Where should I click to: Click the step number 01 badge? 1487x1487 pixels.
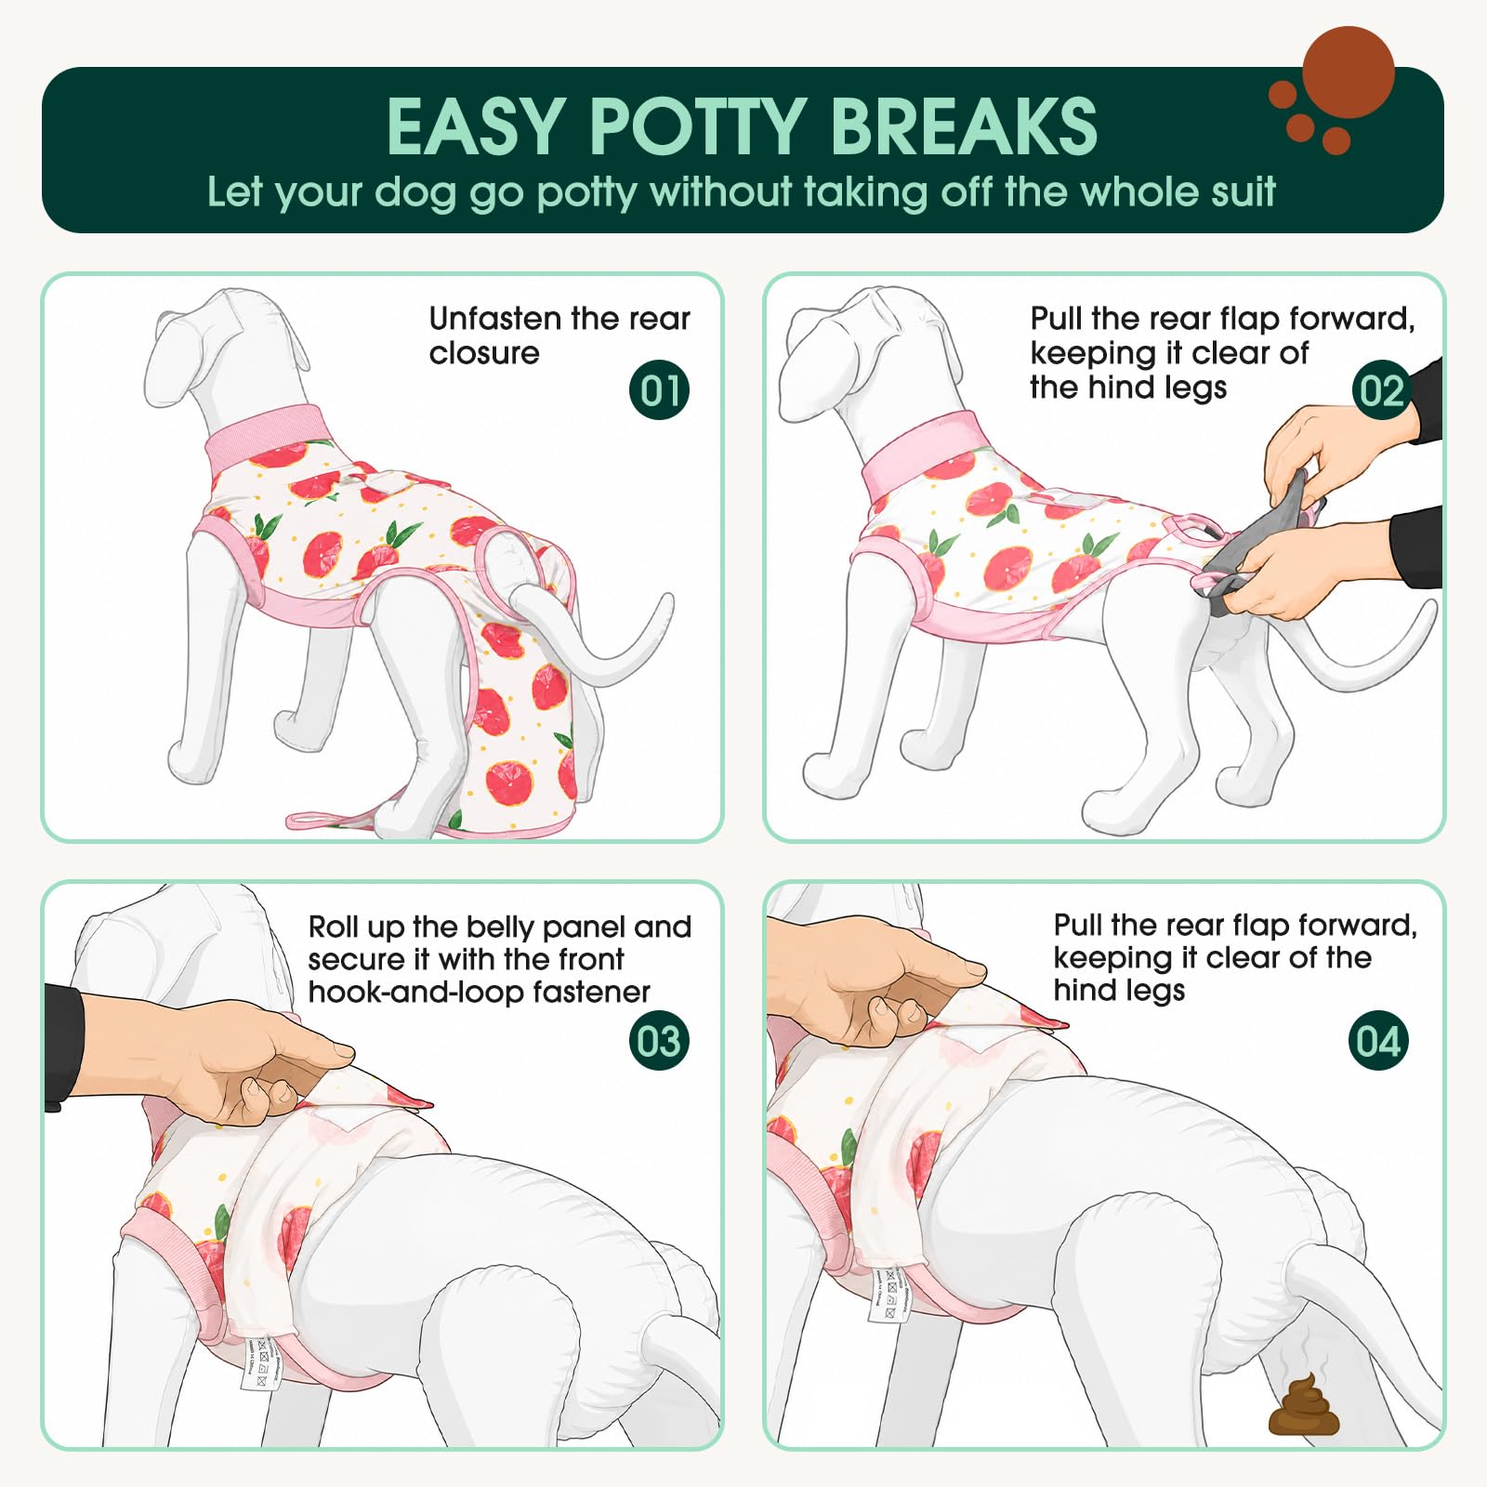(x=659, y=389)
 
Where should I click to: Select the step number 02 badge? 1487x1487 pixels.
(x=1381, y=389)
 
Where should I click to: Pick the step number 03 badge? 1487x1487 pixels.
(x=659, y=1040)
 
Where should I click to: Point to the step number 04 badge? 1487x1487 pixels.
(x=1378, y=1040)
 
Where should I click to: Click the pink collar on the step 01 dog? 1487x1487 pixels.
(x=268, y=436)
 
